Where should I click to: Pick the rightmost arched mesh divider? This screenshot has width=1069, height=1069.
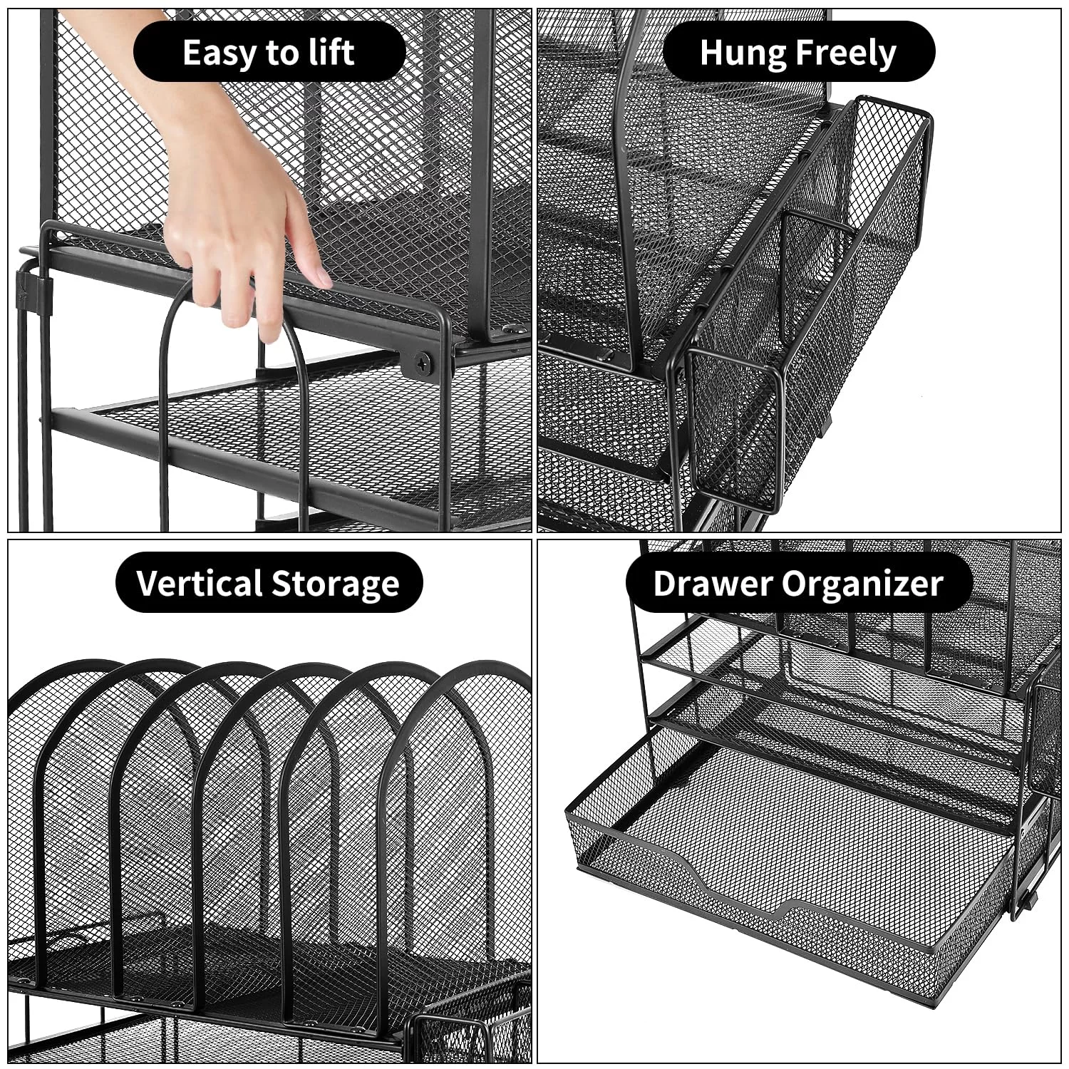pos(460,791)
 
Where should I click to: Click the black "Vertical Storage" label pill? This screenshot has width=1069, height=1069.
pos(269,583)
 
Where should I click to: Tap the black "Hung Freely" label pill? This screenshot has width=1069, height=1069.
pos(798,52)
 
